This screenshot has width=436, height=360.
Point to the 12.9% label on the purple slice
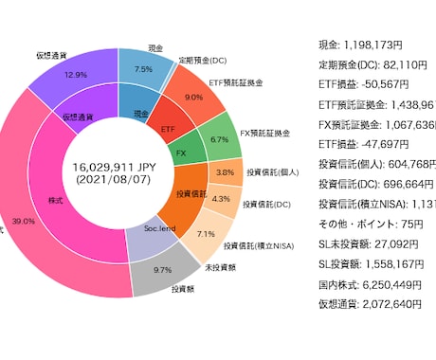tap(76, 74)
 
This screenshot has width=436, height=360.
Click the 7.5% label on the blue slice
tap(143, 69)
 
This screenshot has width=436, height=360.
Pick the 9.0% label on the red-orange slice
tap(193, 97)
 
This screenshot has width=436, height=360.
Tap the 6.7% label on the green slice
tap(219, 138)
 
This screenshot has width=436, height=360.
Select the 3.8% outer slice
tap(224, 172)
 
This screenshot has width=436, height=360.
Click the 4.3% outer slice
tap(221, 199)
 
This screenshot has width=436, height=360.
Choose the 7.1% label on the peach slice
tap(205, 233)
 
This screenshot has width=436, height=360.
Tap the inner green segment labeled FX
tap(180, 152)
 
